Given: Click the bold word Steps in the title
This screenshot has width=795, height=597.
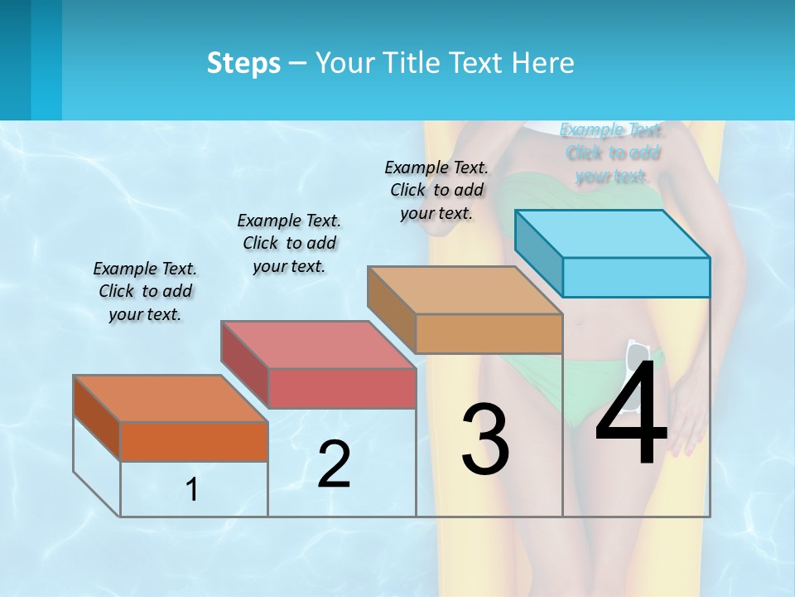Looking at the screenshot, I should tap(243, 63).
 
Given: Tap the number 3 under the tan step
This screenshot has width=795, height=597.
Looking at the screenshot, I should tap(484, 439).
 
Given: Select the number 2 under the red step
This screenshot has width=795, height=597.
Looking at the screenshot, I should tap(334, 464).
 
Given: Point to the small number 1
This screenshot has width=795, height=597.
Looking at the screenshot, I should tap(192, 490).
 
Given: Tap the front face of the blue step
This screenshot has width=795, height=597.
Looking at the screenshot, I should tap(636, 277).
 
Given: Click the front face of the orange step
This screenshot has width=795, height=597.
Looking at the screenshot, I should tap(194, 441).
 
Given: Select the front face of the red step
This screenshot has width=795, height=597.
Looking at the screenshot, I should tap(342, 388).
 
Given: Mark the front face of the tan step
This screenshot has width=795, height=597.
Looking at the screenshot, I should tap(489, 333).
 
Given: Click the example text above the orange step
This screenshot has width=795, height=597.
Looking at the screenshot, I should tap(145, 292).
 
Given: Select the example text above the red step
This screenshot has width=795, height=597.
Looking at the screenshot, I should tap(289, 243).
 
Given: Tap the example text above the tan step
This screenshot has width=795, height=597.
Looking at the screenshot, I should tap(436, 190).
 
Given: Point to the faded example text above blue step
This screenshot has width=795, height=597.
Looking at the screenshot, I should tap(612, 153).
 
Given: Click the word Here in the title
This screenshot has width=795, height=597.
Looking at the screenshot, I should tap(544, 63).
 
